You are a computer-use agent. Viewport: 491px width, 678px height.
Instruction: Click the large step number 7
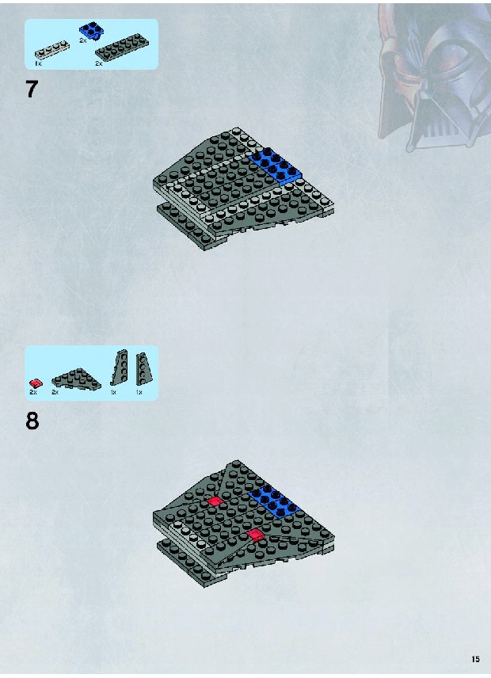(x=32, y=89)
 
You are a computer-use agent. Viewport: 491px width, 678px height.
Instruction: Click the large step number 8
(x=32, y=421)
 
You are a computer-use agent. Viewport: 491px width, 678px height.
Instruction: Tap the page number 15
(x=475, y=659)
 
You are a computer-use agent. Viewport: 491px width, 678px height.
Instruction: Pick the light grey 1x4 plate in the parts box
(x=51, y=50)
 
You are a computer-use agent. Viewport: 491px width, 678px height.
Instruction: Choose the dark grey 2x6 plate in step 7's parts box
(x=123, y=47)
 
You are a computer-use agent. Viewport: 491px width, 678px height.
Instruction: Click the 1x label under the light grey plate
(x=38, y=63)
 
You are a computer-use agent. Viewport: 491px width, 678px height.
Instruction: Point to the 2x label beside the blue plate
(x=82, y=40)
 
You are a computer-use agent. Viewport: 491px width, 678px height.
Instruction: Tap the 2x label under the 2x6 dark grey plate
(x=98, y=63)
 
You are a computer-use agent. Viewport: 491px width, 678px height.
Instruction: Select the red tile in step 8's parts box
(x=36, y=383)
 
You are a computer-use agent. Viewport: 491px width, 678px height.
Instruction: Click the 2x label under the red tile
(x=32, y=392)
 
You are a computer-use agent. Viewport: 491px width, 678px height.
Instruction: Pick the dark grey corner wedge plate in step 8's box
(x=76, y=379)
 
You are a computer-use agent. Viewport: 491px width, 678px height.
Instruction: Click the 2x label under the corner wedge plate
(x=55, y=392)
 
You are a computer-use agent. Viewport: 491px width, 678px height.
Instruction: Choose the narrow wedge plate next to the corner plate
(x=120, y=367)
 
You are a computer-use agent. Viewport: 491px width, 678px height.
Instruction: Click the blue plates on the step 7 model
(x=275, y=166)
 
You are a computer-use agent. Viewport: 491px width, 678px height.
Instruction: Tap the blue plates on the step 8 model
(x=275, y=501)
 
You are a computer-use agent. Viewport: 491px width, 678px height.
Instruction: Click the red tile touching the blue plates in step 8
(x=255, y=535)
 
